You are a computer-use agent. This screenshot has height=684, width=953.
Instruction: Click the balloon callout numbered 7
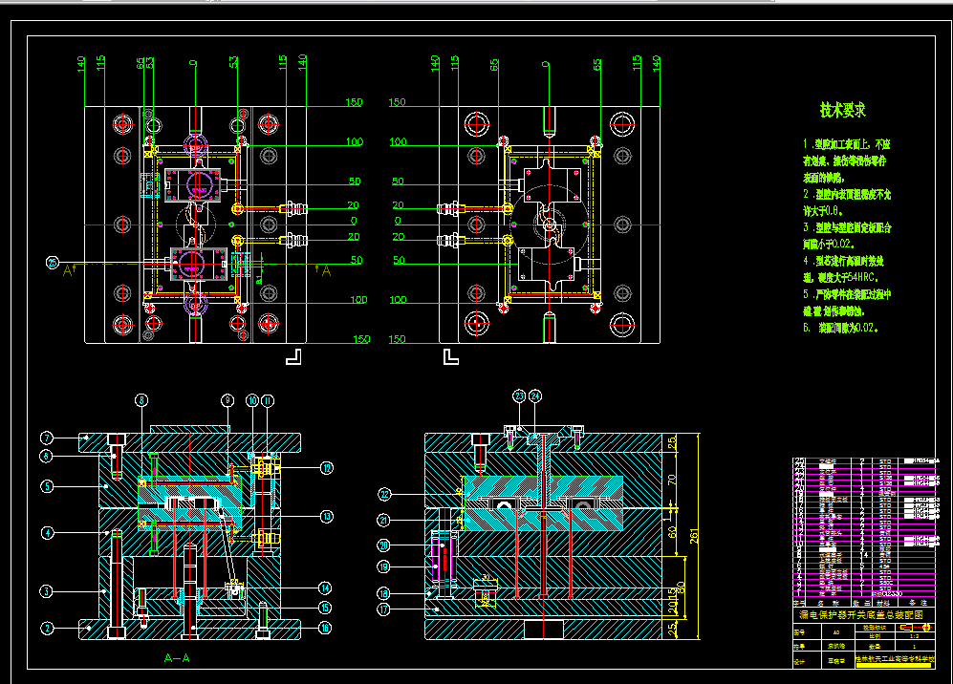tap(45, 438)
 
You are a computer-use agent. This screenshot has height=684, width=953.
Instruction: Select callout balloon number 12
tap(326, 467)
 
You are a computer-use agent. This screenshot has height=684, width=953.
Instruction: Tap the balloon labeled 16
tap(326, 628)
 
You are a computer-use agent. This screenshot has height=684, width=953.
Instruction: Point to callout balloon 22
tap(384, 494)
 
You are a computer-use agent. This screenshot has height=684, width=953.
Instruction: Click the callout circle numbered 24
tap(534, 395)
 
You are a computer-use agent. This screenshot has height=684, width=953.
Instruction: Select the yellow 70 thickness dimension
tap(671, 480)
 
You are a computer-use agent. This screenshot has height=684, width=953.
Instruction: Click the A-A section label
tap(177, 658)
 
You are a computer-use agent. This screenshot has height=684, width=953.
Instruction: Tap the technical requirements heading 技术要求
tap(842, 110)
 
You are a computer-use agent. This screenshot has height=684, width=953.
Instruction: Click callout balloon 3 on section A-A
tap(45, 590)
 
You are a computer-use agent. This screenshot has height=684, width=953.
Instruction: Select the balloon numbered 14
tap(326, 588)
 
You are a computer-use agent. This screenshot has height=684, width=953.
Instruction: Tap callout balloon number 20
tap(384, 545)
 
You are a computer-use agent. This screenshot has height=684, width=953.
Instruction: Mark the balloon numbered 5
tap(45, 486)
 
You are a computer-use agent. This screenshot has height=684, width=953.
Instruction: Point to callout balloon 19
tap(384, 566)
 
